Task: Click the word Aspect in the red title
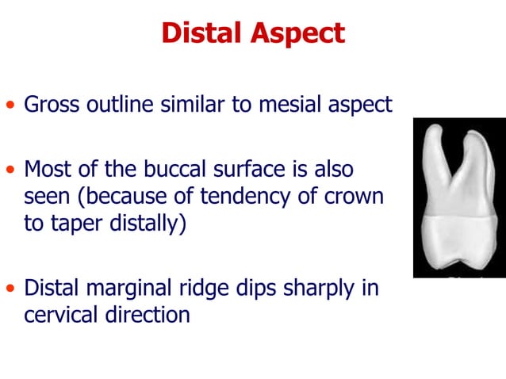[298, 33]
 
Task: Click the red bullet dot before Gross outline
[10, 105]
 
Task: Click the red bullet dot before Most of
[10, 170]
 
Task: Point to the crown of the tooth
[458, 246]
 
